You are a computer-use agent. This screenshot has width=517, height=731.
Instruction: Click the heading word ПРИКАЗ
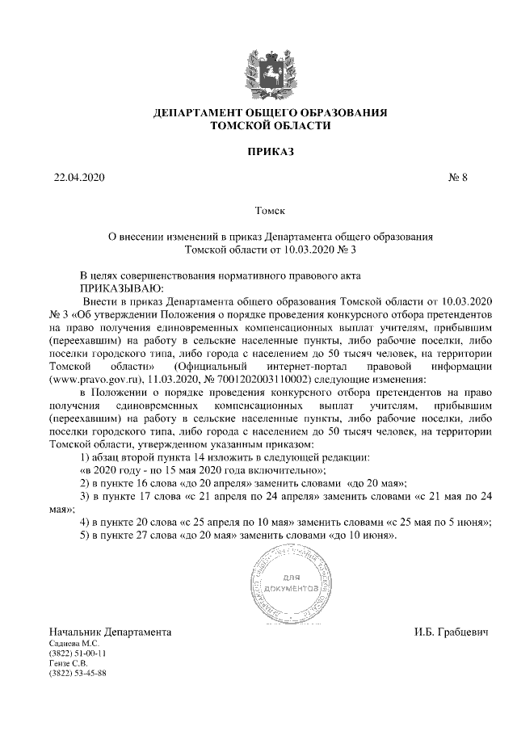point(271,151)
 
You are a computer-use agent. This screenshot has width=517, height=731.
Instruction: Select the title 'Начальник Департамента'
point(110,630)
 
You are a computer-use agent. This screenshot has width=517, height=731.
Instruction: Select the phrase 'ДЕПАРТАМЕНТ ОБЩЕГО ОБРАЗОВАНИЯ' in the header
point(271,113)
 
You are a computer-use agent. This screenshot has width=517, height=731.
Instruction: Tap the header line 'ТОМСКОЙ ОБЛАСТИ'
point(271,126)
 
